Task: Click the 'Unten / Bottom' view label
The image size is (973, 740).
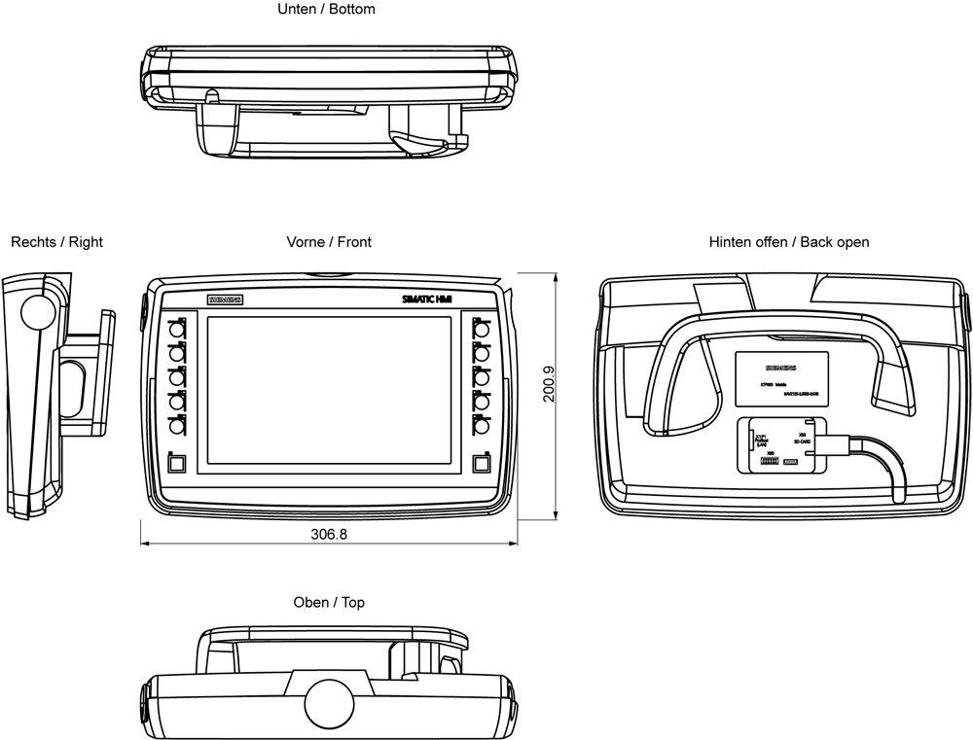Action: (x=325, y=10)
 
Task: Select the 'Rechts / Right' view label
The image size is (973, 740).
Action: (x=56, y=242)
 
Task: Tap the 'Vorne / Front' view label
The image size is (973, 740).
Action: (x=329, y=242)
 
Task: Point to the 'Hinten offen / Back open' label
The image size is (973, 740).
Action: (x=789, y=242)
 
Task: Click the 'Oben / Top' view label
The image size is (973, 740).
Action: (x=329, y=603)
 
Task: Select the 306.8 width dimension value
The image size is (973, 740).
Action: (x=329, y=534)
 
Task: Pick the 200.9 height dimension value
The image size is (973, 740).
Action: (x=549, y=383)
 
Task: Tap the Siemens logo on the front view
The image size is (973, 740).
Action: (x=225, y=300)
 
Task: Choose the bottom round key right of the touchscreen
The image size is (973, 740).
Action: (x=481, y=425)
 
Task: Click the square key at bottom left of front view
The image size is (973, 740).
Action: (x=175, y=465)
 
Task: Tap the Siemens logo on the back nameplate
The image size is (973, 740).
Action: (x=780, y=369)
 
